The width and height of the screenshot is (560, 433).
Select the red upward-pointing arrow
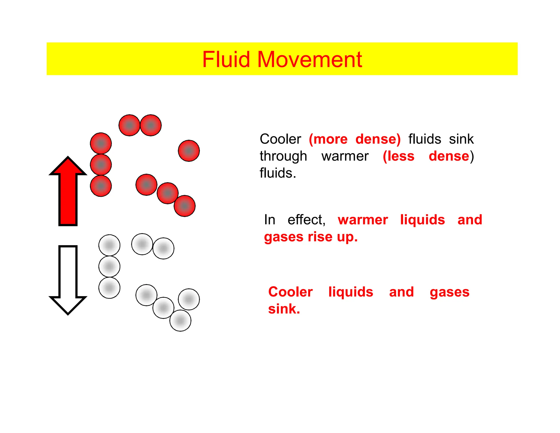68,192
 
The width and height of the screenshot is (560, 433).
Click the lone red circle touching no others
189,151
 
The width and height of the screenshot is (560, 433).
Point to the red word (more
328,139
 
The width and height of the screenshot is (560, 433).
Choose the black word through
283,156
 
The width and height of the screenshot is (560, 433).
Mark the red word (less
398,156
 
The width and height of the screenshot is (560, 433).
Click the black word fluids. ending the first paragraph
278,173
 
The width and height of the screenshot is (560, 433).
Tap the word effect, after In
307,220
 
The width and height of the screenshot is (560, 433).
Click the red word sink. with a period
284,309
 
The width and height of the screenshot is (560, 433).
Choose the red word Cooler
290,292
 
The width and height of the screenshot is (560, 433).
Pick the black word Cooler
280,139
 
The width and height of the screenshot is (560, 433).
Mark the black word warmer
345,156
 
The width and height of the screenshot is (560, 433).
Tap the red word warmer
363,220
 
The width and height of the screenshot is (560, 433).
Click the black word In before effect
269,220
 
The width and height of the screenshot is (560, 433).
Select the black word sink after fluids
461,139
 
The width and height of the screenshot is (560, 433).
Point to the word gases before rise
284,237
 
